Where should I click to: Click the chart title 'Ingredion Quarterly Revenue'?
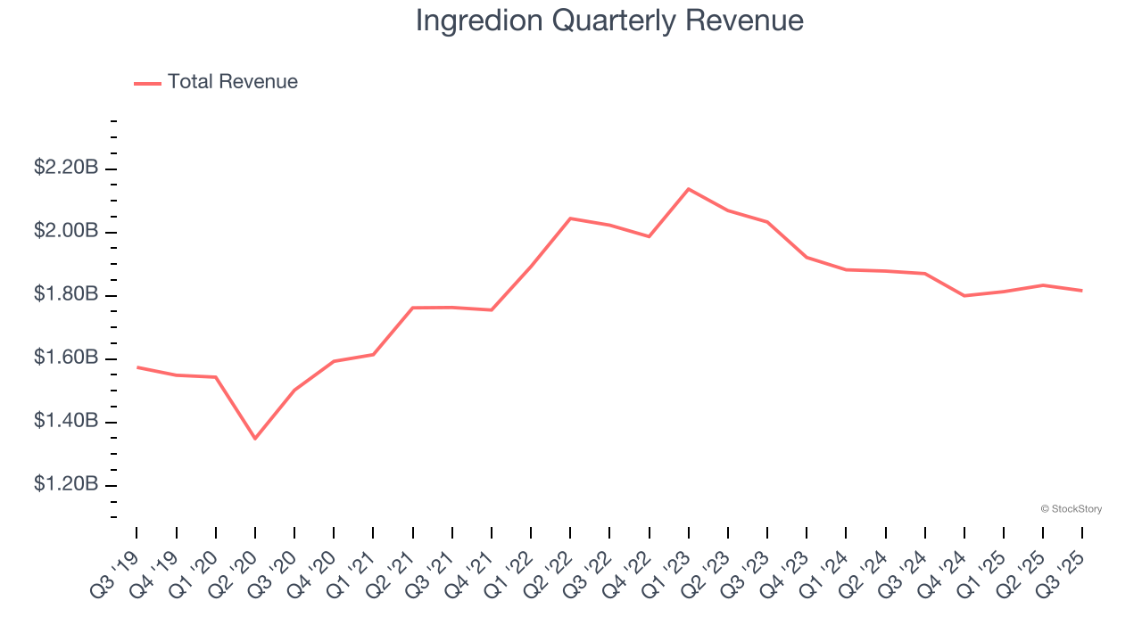[609, 21]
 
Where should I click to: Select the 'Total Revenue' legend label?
[232, 82]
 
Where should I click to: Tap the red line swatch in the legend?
[147, 83]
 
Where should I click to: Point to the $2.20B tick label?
[66, 168]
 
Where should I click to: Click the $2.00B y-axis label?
[66, 231]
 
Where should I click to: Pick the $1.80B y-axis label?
[66, 294]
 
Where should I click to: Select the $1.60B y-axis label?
[66, 358]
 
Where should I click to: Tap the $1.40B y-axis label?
[66, 421]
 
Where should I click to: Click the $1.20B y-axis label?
[66, 484]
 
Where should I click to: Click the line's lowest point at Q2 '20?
[255, 438]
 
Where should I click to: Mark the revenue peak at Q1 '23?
[689, 189]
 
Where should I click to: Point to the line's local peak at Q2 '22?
[570, 218]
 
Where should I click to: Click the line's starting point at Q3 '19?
[137, 367]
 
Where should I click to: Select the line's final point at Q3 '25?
[1082, 291]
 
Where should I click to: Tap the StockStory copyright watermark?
[1071, 509]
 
